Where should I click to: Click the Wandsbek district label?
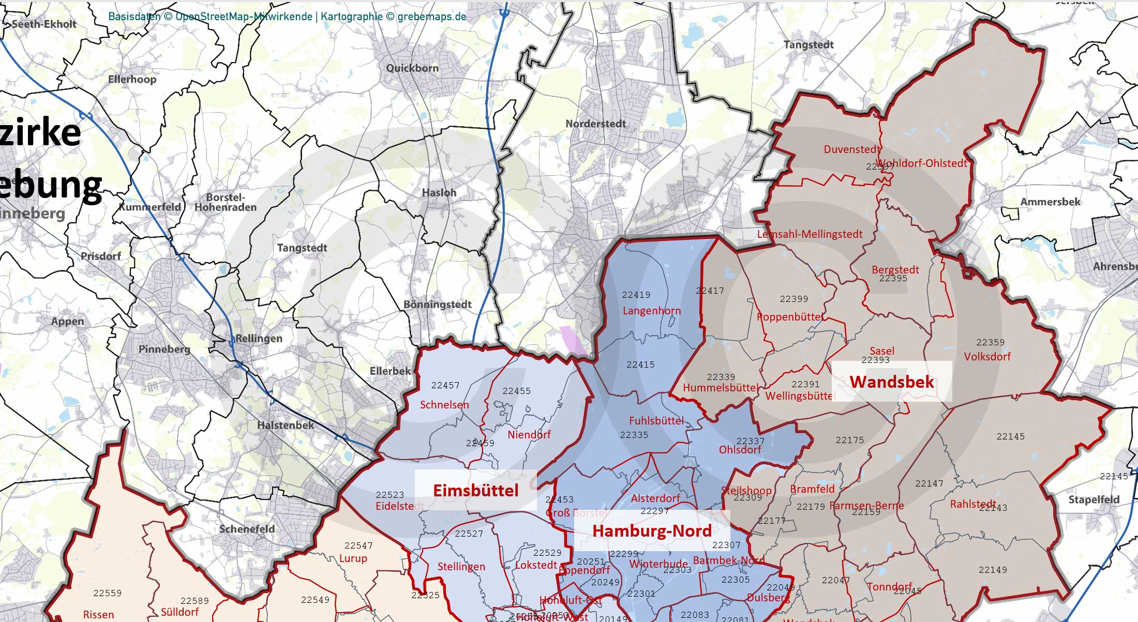pyautogui.click(x=892, y=382)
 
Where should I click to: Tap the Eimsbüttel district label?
pyautogui.click(x=475, y=490)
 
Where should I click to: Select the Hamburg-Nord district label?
pyautogui.click(x=652, y=530)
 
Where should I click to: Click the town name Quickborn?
pyautogui.click(x=412, y=68)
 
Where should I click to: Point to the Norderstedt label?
pyautogui.click(x=595, y=124)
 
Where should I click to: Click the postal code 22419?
pyautogui.click(x=636, y=295)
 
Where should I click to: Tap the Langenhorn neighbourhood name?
pyautogui.click(x=651, y=311)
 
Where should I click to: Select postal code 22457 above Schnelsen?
pyautogui.click(x=445, y=385)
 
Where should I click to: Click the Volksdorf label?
pyautogui.click(x=987, y=356)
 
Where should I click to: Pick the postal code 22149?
pyautogui.click(x=993, y=570)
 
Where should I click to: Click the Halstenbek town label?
pyautogui.click(x=286, y=425)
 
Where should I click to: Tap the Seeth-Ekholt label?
pyautogui.click(x=44, y=24)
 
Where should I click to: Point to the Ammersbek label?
pyautogui.click(x=1050, y=202)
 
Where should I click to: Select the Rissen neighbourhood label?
pyautogui.click(x=98, y=614)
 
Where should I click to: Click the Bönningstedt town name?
pyautogui.click(x=437, y=304)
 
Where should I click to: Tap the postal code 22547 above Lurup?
pyautogui.click(x=358, y=545)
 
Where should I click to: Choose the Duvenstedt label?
pyautogui.click(x=851, y=149)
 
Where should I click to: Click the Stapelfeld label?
pyautogui.click(x=1094, y=499)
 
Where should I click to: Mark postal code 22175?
pyautogui.click(x=849, y=440)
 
